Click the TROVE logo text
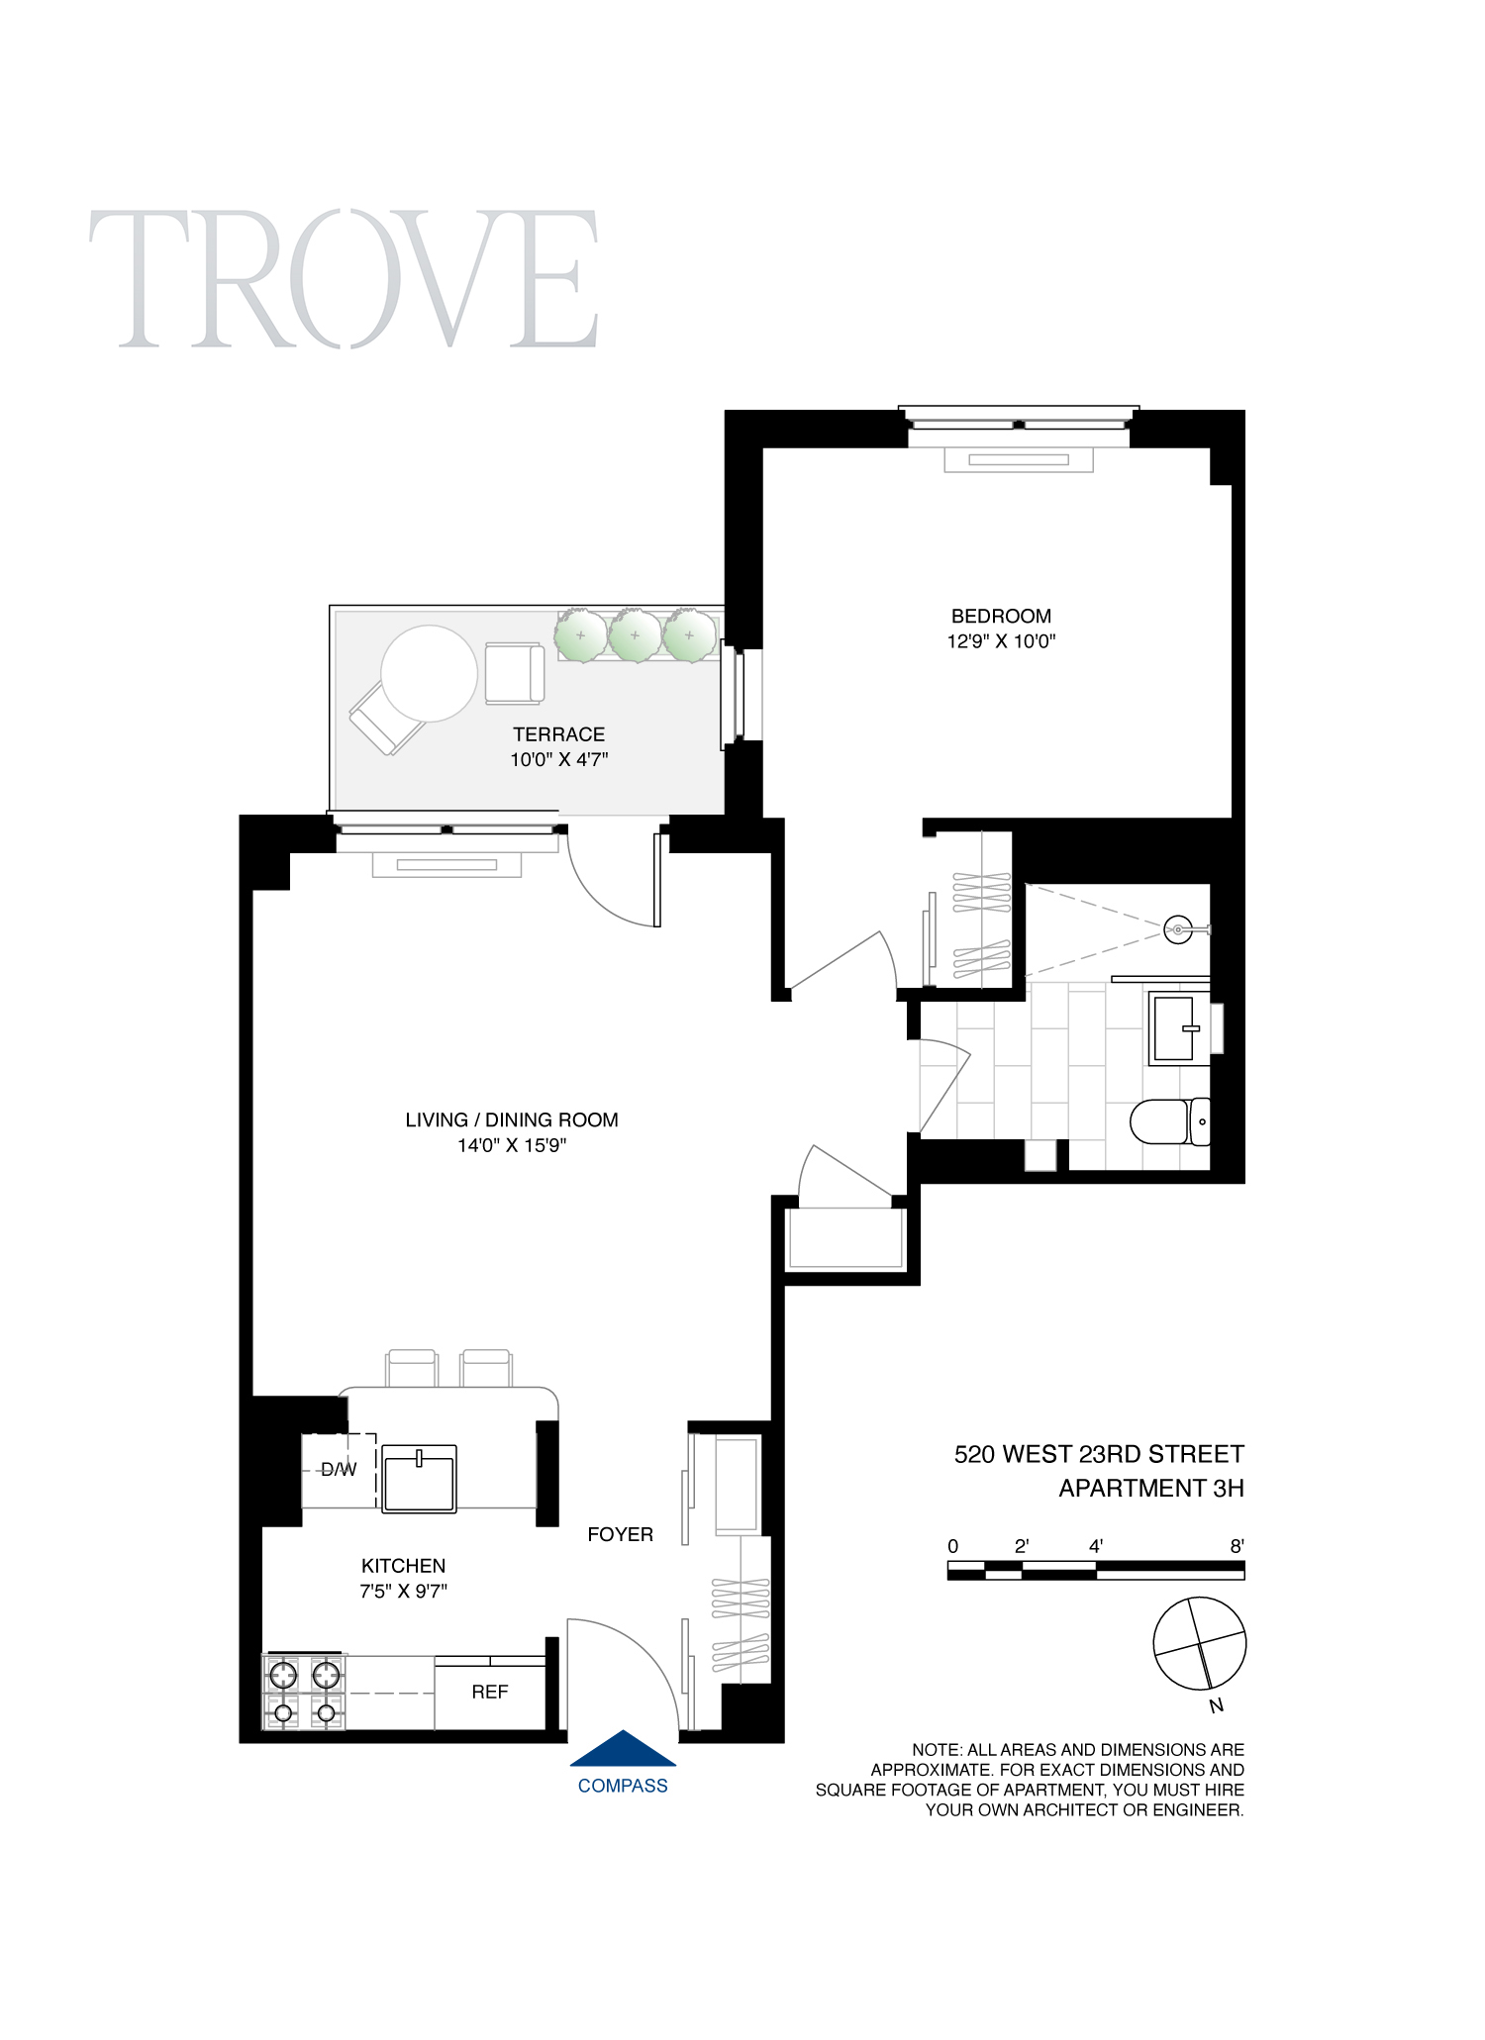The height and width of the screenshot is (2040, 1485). tap(344, 279)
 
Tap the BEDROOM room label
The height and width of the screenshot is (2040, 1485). tap(1001, 616)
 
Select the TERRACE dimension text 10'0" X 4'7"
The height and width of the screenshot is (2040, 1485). tap(558, 759)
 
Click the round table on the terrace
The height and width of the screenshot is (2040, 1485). tap(429, 673)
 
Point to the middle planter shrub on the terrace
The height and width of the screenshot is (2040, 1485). tap(635, 635)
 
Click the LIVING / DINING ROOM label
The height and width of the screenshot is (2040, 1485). tap(511, 1119)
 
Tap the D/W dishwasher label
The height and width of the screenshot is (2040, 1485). tap(339, 1470)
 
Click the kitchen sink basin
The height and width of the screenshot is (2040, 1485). tap(419, 1479)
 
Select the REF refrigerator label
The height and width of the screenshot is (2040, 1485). tap(489, 1692)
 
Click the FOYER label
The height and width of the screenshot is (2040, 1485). tap(620, 1534)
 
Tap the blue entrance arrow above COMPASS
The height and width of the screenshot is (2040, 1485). tap(623, 1750)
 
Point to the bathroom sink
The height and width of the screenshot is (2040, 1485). tap(1177, 1028)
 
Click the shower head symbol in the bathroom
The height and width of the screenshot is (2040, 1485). tap(1178, 929)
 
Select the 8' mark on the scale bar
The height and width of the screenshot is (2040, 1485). tap(1237, 1546)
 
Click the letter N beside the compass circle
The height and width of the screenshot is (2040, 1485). tap(1217, 1705)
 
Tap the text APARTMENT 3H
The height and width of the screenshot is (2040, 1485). tap(1150, 1488)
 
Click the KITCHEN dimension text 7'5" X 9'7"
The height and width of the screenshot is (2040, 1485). tap(403, 1591)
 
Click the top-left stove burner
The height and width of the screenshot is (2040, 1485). tap(283, 1675)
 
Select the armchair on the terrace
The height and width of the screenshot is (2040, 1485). tap(514, 673)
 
